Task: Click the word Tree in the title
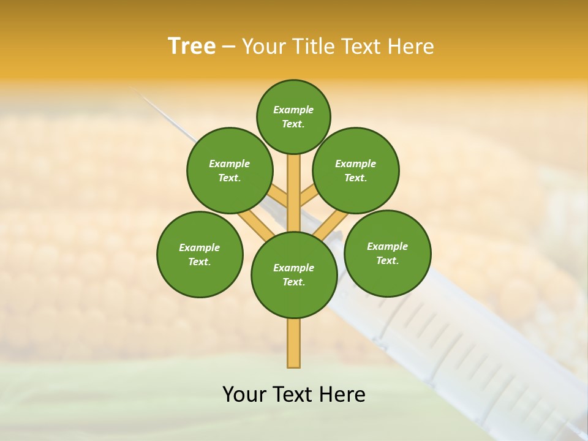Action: click(191, 47)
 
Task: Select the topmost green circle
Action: click(293, 116)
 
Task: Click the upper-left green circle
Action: click(230, 170)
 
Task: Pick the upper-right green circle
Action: click(356, 170)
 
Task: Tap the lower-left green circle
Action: click(200, 254)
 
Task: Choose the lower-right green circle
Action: click(387, 253)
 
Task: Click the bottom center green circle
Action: click(294, 275)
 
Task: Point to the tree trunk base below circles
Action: click(294, 346)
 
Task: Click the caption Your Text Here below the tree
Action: click(294, 394)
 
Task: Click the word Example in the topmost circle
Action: click(293, 110)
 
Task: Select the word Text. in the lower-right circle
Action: click(387, 260)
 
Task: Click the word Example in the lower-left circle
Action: click(200, 247)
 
